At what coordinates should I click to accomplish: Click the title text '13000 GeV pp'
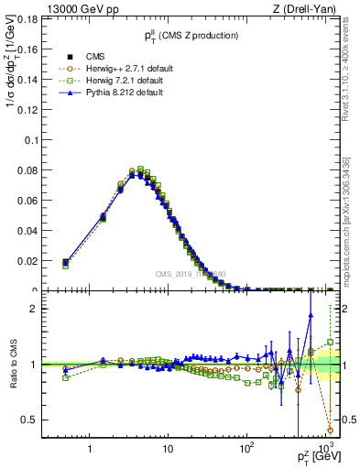click(x=70, y=8)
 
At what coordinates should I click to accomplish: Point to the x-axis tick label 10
click(x=167, y=451)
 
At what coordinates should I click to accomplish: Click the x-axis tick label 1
click(x=90, y=451)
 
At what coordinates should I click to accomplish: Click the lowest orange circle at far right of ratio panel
click(x=330, y=430)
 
